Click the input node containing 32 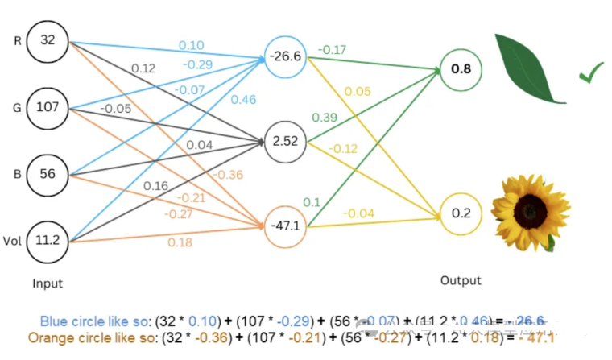tap(48, 39)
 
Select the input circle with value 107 tap(48, 106)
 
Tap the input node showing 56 tap(48, 174)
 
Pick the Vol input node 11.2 tap(48, 239)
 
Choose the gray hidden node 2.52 tap(286, 142)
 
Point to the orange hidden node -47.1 tap(286, 226)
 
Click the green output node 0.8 tap(461, 70)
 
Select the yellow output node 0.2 tap(461, 213)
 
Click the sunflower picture tap(530, 212)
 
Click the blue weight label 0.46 tap(243, 101)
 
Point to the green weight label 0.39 tap(325, 118)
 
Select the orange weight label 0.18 tap(181, 242)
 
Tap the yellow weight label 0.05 tap(357, 91)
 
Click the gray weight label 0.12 tap(143, 68)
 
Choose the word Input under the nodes tap(48, 283)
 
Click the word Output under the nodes tap(461, 280)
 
